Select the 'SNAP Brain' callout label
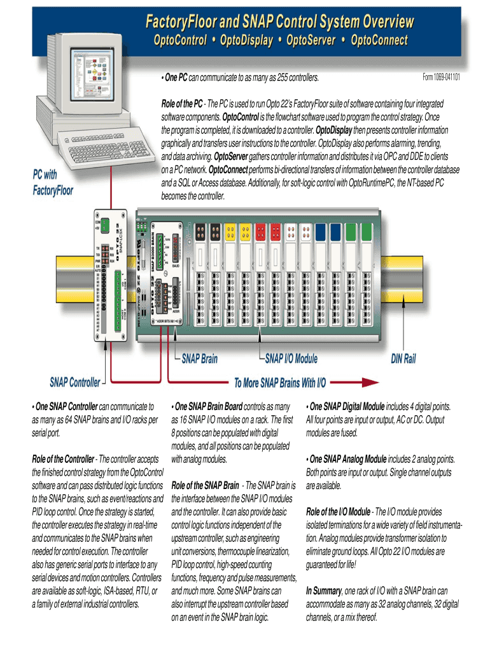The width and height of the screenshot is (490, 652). coord(199,359)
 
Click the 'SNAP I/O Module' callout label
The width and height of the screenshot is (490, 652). coord(291,359)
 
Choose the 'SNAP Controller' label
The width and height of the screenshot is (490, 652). coord(75,382)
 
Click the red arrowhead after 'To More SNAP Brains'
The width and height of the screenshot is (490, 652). coord(367,383)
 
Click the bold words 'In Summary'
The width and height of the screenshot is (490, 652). coord(323,590)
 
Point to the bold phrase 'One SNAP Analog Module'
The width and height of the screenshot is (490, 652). coord(348,458)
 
